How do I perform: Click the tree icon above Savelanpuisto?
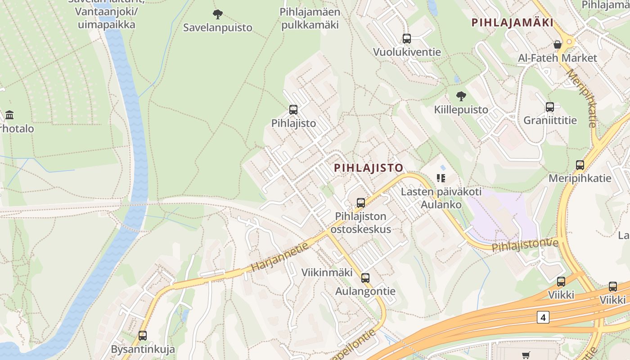[218, 14]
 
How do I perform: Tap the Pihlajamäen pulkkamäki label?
[310, 18]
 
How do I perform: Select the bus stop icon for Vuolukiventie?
[407, 39]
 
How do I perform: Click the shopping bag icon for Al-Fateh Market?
[557, 45]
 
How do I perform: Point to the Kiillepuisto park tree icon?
[461, 96]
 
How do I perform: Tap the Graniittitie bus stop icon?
[550, 107]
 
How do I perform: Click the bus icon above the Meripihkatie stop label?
[580, 165]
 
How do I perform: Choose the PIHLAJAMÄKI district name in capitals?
[512, 22]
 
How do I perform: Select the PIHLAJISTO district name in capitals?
[369, 168]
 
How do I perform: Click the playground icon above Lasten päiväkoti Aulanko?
[441, 178]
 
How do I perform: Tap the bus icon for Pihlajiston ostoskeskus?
[361, 203]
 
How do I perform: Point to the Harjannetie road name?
[280, 256]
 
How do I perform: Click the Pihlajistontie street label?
[525, 246]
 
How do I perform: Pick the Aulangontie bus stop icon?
[365, 278]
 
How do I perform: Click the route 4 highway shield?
[543, 317]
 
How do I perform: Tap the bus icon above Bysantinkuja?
[143, 336]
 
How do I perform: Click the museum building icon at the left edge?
[9, 115]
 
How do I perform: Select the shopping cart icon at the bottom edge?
[526, 355]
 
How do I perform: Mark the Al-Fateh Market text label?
[557, 58]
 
